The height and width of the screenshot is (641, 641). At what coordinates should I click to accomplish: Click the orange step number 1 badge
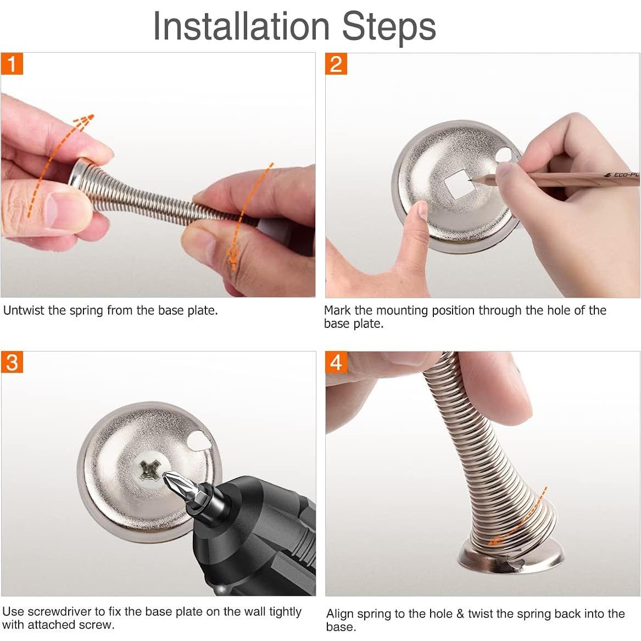click(x=12, y=64)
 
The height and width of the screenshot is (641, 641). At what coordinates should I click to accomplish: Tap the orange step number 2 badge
click(x=336, y=64)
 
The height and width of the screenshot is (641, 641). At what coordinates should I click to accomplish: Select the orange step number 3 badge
click(x=12, y=362)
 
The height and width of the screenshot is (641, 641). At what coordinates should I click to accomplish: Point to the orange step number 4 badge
click(x=336, y=362)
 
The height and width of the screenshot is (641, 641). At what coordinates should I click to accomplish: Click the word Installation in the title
click(x=241, y=26)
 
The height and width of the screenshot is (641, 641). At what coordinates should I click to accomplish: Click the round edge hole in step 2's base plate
click(x=505, y=156)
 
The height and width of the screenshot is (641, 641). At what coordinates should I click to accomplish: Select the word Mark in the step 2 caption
click(x=338, y=310)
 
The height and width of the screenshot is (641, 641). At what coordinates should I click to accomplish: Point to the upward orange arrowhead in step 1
click(x=85, y=120)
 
